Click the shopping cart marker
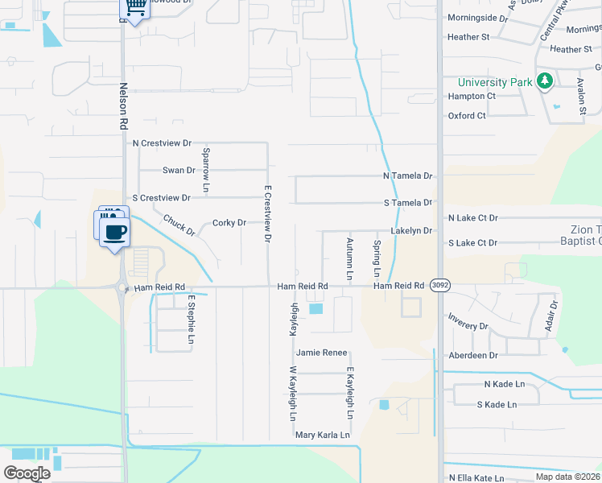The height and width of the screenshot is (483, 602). (136, 7)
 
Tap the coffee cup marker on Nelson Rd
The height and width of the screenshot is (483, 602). (114, 232)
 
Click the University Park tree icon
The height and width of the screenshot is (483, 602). (545, 81)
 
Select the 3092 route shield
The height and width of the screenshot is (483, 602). (439, 286)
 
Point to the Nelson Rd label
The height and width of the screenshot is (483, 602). (123, 110)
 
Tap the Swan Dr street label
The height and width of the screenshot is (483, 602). (179, 171)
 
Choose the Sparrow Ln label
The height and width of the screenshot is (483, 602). (207, 170)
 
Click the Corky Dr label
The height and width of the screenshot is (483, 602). (229, 223)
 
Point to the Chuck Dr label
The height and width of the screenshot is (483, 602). (179, 225)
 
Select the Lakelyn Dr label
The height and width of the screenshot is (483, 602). (411, 231)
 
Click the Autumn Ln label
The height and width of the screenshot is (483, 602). (349, 258)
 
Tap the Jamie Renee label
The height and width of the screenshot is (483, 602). (321, 353)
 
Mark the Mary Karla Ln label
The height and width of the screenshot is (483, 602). (324, 435)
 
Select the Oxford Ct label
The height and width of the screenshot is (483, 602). (468, 116)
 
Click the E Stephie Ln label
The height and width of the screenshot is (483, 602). (192, 320)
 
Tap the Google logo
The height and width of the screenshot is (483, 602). (27, 473)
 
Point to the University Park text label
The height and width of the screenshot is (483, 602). (495, 82)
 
